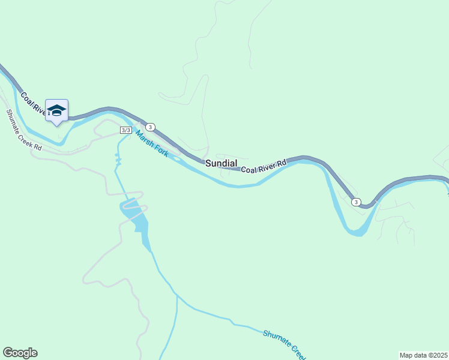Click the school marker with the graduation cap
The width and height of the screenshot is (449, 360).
point(56,110)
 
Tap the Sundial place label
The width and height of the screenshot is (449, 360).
point(221,163)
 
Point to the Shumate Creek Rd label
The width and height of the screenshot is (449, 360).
point(24,130)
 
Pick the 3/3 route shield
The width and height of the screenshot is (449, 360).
point(125,130)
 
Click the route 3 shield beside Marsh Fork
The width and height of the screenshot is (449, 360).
point(150,127)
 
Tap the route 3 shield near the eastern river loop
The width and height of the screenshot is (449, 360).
point(356,202)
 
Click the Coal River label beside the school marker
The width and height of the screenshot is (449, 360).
point(34,103)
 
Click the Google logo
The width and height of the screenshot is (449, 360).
point(20,353)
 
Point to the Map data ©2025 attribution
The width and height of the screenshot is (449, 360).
point(424,355)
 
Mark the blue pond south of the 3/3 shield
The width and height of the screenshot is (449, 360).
point(139,219)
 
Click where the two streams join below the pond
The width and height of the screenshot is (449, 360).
point(177,295)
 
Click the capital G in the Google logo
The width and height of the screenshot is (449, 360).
point(8,353)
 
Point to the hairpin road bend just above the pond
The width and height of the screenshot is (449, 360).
point(143,193)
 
